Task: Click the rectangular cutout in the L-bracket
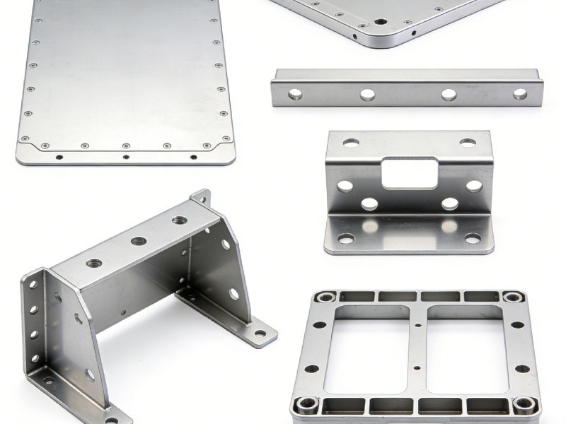[x=410, y=173]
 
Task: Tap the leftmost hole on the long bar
[x=295, y=94]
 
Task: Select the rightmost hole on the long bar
[x=520, y=93]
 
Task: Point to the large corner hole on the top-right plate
[x=381, y=22]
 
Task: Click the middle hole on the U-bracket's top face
[x=139, y=241]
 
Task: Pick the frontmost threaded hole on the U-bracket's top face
[x=94, y=263]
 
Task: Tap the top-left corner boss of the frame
[x=325, y=297]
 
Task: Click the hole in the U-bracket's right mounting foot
[x=260, y=333]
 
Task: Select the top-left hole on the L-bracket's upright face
[x=351, y=142]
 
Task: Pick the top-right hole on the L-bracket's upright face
[x=468, y=142]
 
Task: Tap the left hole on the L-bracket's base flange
[x=346, y=239]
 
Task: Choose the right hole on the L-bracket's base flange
[x=472, y=239]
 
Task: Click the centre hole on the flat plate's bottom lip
[x=126, y=157]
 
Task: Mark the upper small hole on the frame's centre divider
[x=418, y=326]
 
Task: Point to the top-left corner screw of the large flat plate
[x=38, y=20]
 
